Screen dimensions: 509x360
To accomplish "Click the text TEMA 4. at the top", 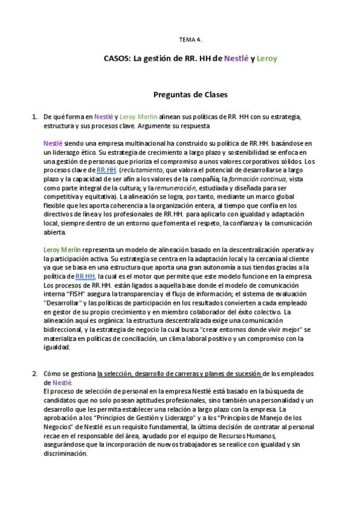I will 191,40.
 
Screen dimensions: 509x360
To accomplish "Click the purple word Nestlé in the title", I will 236,59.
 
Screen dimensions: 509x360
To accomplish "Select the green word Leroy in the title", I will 267,59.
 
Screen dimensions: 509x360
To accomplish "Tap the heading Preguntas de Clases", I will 190,94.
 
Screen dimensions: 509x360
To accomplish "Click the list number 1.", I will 34,116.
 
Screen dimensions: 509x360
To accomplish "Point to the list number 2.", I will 34,374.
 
